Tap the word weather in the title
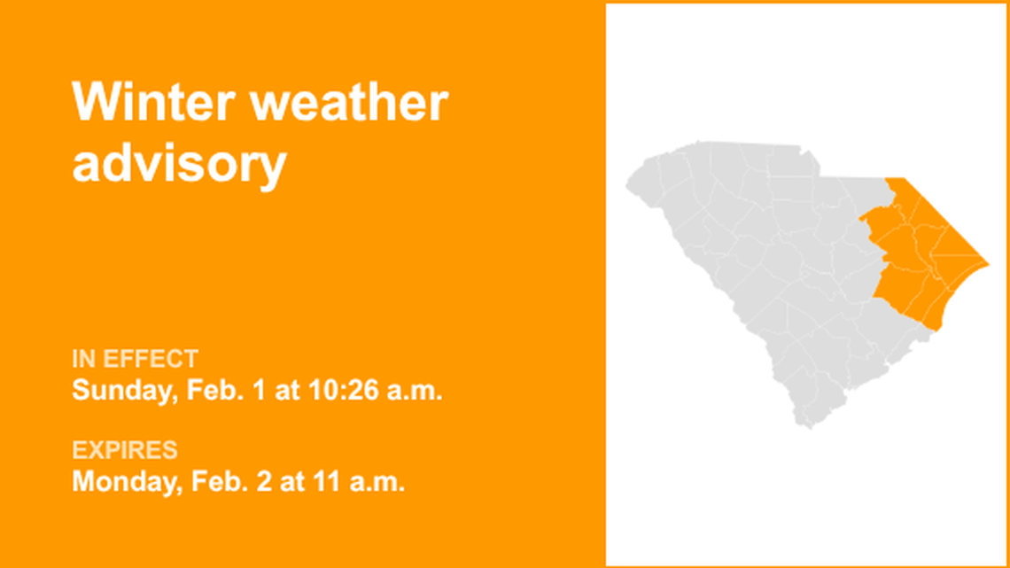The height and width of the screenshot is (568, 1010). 349,103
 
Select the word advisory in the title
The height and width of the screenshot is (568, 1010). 179,164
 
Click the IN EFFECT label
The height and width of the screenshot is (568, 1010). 135,359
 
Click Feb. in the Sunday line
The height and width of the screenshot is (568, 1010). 213,391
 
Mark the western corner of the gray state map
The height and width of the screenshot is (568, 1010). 627,186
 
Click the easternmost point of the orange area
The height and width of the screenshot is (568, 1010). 988,264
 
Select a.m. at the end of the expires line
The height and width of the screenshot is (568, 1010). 376,482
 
